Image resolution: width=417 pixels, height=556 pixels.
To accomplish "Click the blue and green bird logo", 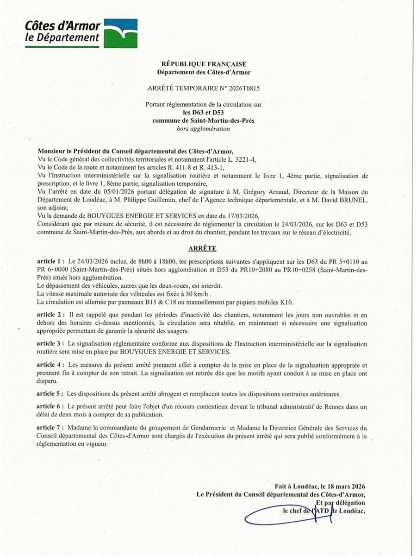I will coord(120,33).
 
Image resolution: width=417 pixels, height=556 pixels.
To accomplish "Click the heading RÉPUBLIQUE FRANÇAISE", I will coord(204,64).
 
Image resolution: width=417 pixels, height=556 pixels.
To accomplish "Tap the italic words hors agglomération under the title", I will coord(204,128).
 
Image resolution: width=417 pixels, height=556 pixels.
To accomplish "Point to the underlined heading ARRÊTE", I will coord(203,248).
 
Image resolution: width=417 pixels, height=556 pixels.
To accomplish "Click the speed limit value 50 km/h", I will coord(200,294).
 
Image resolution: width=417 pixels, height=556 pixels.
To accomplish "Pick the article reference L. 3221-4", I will coord(238,159).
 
